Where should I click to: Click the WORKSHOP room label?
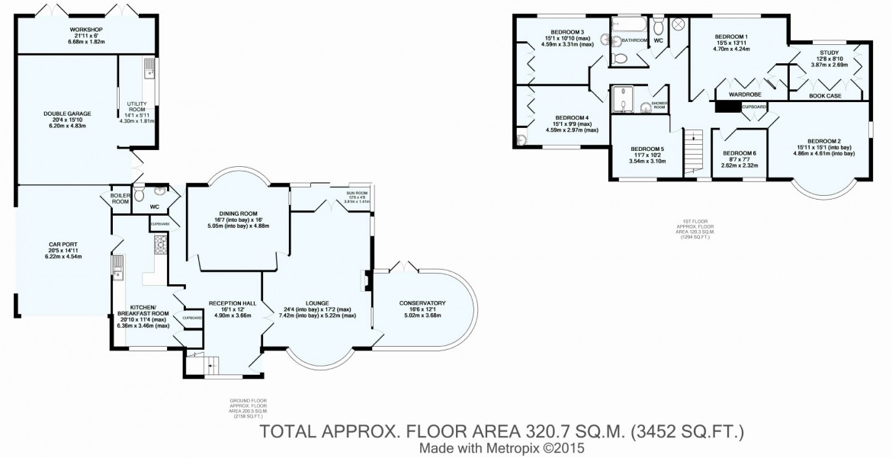click(x=86, y=30)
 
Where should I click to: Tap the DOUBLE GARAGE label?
click(x=67, y=114)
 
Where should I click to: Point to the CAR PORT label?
click(x=64, y=245)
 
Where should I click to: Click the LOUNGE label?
click(x=317, y=303)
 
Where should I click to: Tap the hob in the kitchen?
click(x=161, y=244)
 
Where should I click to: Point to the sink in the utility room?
click(x=149, y=71)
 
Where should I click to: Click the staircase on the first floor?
click(x=691, y=149)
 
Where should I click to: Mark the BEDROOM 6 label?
click(x=738, y=153)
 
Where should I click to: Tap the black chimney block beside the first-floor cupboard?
click(x=728, y=107)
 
